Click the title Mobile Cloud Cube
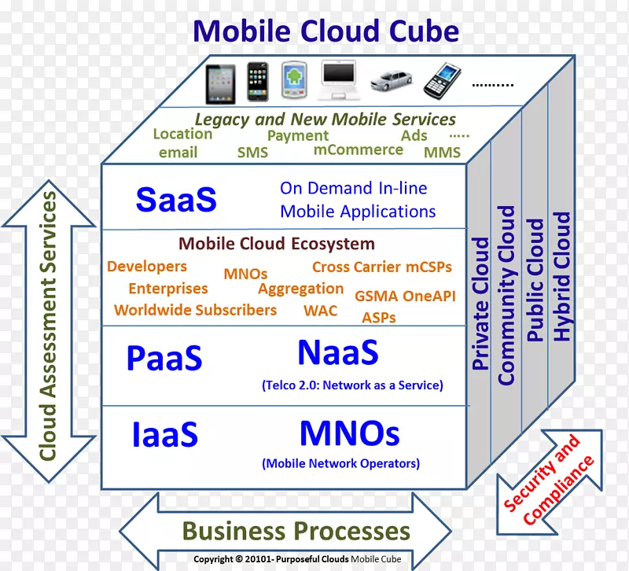point(326,31)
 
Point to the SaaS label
point(175,200)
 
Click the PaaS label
point(164,359)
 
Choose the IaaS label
point(164,434)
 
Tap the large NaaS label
point(337,353)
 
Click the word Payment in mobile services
point(297,135)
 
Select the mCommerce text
point(358,149)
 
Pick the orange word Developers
point(147,267)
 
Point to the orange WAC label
point(320,310)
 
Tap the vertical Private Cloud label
point(480,304)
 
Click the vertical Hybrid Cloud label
point(561,275)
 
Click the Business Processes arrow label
point(296,531)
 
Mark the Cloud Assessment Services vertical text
point(49,325)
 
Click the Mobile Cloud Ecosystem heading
point(277,244)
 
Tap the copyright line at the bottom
point(297,560)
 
